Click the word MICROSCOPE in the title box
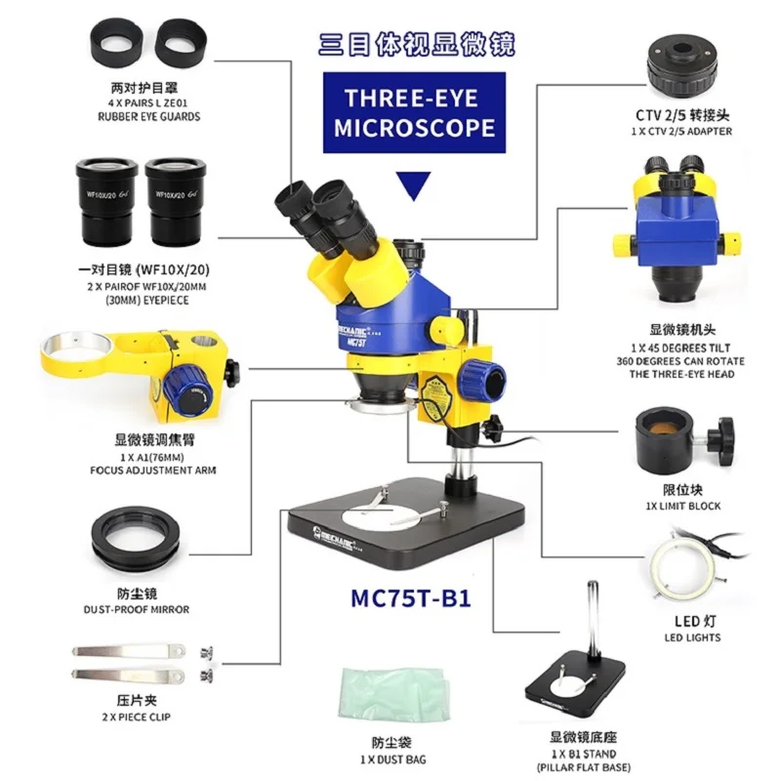(415, 127)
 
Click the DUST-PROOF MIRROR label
(137, 609)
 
